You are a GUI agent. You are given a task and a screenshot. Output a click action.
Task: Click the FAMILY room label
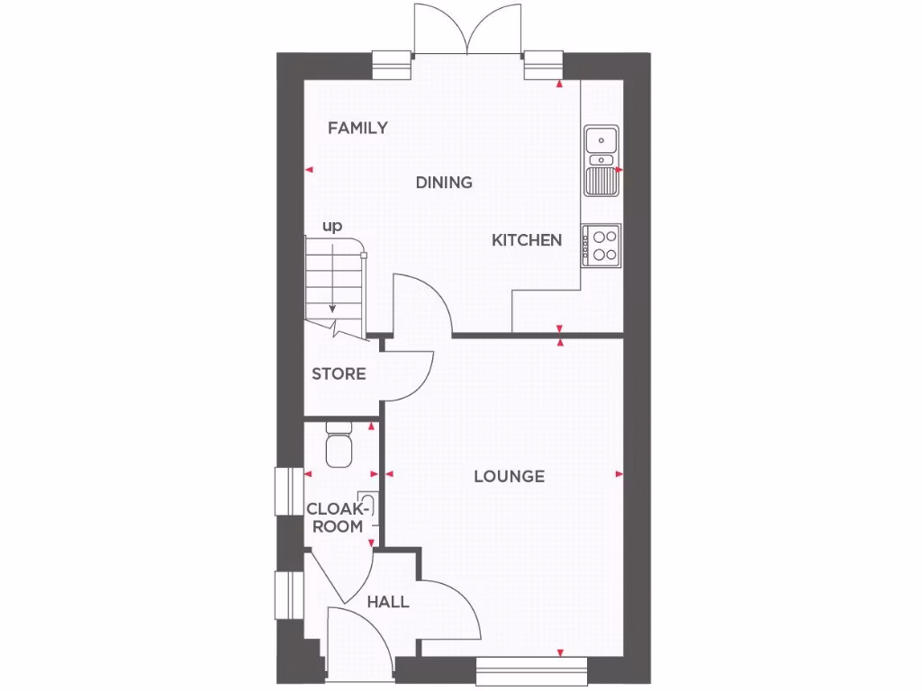pyautogui.click(x=357, y=128)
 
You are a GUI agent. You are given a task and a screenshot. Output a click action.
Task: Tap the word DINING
pyautogui.click(x=444, y=183)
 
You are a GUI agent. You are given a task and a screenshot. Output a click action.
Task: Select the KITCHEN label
pyautogui.click(x=527, y=240)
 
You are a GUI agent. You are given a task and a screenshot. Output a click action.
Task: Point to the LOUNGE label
pyautogui.click(x=510, y=476)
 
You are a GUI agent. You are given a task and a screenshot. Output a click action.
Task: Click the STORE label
pyautogui.click(x=339, y=373)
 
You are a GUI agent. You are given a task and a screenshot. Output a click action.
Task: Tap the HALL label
pyautogui.click(x=388, y=602)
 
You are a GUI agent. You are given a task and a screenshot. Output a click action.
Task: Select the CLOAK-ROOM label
pyautogui.click(x=337, y=517)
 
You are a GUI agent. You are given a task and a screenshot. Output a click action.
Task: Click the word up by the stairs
pyautogui.click(x=332, y=227)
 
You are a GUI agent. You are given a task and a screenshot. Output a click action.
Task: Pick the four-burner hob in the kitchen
pyautogui.click(x=601, y=243)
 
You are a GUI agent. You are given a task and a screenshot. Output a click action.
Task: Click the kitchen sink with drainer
pyautogui.click(x=601, y=160)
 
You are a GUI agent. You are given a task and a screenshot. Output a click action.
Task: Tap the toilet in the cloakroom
pyautogui.click(x=339, y=445)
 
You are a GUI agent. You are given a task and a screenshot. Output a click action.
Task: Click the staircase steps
pyautogui.click(x=333, y=279)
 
